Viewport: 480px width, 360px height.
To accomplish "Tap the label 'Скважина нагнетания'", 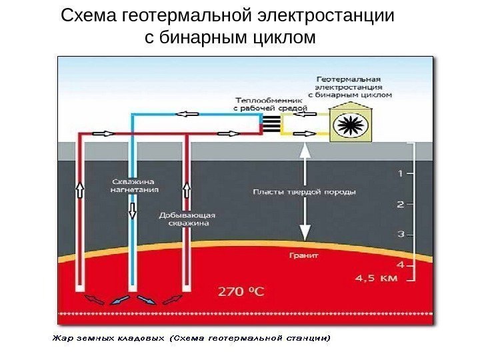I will click(x=133, y=185).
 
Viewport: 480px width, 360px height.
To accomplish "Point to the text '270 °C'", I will click(x=242, y=291).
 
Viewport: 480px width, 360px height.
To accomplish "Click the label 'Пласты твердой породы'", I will click(x=305, y=192).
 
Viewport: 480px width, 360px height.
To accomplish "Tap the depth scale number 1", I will click(x=400, y=174).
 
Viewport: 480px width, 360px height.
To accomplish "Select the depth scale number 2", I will click(x=400, y=204).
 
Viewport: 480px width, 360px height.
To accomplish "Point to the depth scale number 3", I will click(x=400, y=234).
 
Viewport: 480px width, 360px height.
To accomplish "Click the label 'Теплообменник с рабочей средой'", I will click(x=270, y=101).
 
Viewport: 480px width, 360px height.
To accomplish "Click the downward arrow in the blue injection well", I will click(x=133, y=211).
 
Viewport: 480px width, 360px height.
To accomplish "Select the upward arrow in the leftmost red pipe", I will click(x=80, y=191).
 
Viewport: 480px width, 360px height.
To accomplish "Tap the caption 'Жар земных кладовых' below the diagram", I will click(x=108, y=339).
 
